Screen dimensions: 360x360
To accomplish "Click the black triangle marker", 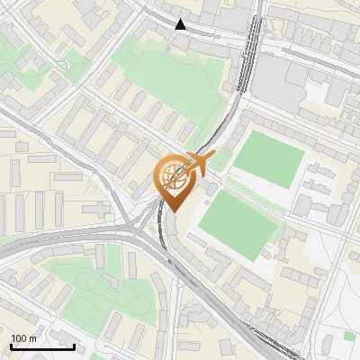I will click(181, 24).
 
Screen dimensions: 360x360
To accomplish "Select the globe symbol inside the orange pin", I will click(174, 175).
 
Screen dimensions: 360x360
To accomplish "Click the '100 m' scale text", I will click(23, 338).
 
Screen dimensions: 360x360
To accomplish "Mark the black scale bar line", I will click(42, 346).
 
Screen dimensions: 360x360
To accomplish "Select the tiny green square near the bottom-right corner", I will click(349, 336).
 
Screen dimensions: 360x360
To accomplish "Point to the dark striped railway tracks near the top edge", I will click(247, 54).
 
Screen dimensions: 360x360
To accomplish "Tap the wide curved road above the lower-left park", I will click(72, 236).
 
